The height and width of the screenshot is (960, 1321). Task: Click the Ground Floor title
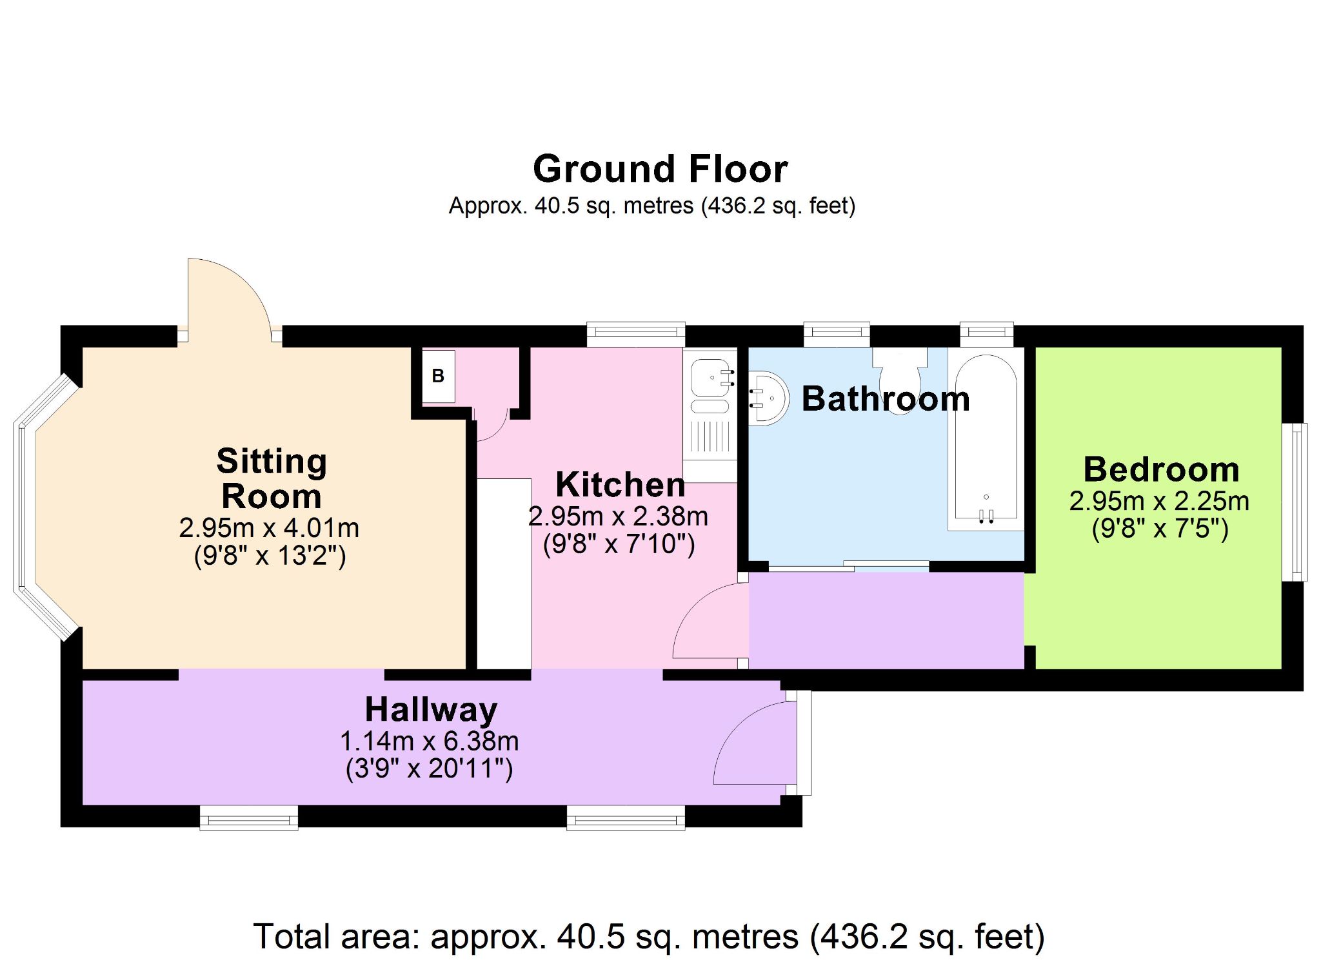660,169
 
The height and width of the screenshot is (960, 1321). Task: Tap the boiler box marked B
439,377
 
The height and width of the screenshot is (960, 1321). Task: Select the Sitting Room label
272,478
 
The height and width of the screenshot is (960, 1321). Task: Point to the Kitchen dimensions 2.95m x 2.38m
618,516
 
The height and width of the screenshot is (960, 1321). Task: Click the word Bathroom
886,398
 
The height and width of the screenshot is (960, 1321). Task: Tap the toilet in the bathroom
900,380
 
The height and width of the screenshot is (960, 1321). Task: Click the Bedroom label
1161,469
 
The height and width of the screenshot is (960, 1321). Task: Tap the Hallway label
431,710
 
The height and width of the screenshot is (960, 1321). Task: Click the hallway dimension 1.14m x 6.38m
430,741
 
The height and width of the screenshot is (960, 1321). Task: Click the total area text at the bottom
648,936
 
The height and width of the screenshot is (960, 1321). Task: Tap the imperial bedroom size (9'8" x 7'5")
1160,529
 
